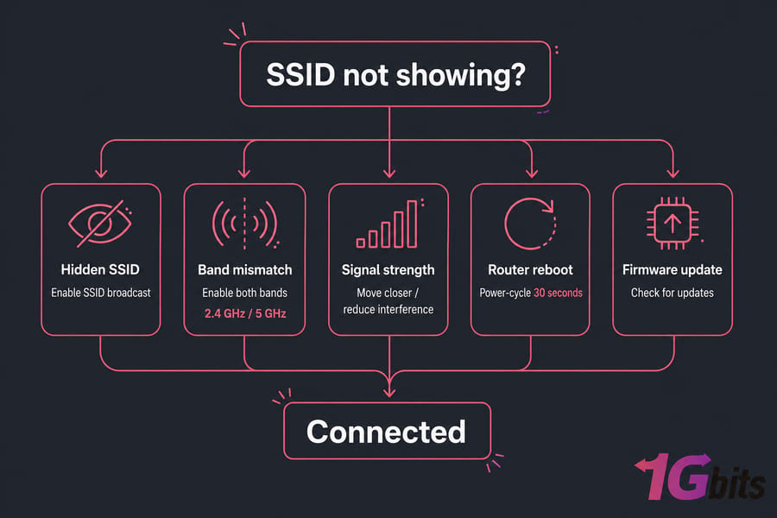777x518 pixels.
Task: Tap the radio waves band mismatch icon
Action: point(245,224)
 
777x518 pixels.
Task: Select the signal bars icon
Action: point(389,224)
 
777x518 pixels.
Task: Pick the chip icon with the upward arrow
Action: point(673,224)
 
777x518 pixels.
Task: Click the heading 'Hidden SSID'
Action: point(100,269)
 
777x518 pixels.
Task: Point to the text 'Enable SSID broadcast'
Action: point(101,293)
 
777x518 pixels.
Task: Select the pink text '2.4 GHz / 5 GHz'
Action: point(245,313)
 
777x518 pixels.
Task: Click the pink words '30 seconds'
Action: point(558,293)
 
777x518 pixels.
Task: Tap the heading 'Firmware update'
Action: point(672,269)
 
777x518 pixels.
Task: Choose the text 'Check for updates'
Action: point(673,293)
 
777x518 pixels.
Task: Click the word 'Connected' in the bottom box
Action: point(386,432)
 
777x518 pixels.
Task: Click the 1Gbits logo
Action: point(699,477)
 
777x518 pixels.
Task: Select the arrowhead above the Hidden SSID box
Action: point(101,173)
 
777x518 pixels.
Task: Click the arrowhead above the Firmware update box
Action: point(673,173)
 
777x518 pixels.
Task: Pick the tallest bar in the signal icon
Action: point(412,224)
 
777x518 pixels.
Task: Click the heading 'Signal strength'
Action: point(388,269)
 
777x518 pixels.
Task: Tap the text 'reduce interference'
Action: point(388,309)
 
